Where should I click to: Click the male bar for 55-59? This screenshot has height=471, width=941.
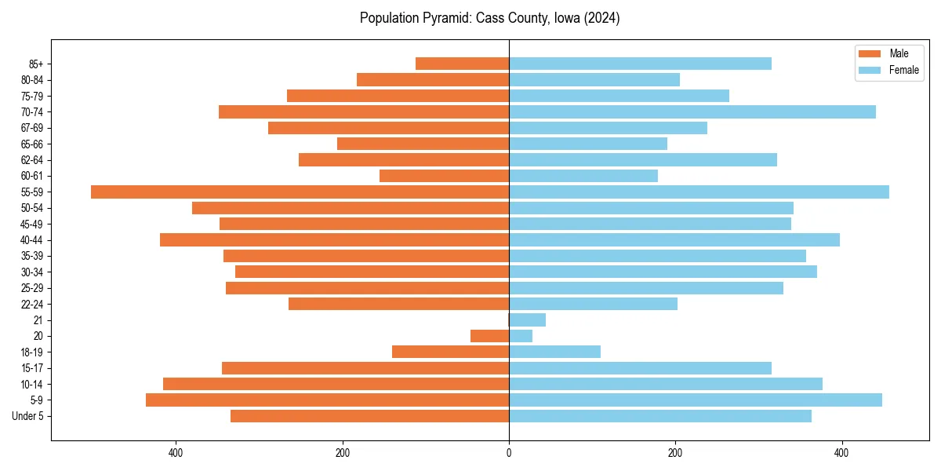point(300,192)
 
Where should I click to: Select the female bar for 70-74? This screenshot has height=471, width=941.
point(692,112)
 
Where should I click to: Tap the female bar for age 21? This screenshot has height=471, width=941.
point(527,320)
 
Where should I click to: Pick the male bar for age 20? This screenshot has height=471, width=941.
point(489,336)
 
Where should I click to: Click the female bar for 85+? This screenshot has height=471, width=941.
point(640,64)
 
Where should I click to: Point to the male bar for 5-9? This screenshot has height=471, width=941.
point(327,400)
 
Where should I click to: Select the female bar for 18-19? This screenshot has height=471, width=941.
point(554,352)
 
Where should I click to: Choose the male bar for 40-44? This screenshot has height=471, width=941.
point(334,240)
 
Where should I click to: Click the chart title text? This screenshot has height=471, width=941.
point(489,18)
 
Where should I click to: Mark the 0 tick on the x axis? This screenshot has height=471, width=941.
point(509,453)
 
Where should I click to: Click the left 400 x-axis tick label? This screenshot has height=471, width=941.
point(176,453)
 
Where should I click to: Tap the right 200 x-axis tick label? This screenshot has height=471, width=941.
point(675,453)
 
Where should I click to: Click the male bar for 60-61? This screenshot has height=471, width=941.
point(444,176)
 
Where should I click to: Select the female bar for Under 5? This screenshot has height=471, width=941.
point(659,416)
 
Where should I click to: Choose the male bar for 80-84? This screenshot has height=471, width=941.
point(433,80)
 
